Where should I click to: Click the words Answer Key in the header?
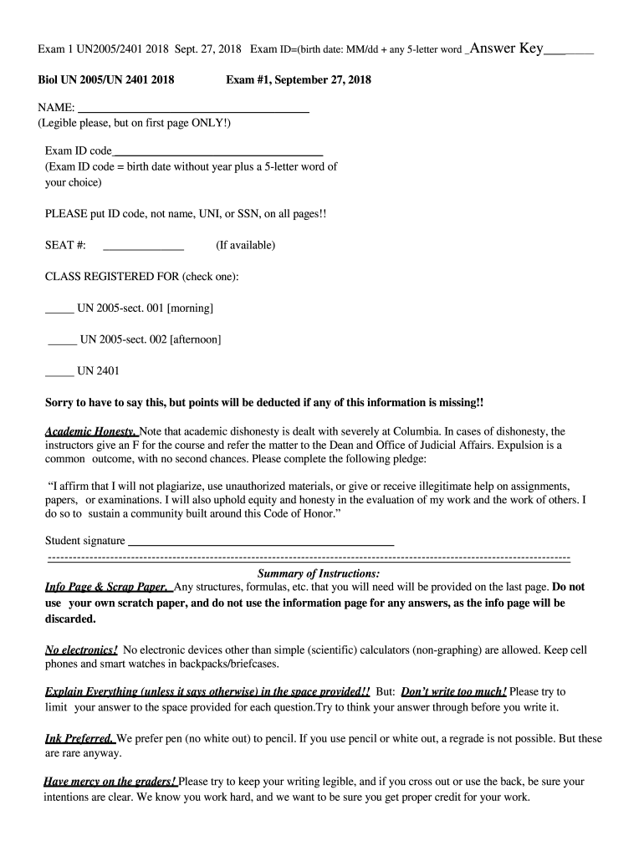[507, 48]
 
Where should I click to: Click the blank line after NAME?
[193, 110]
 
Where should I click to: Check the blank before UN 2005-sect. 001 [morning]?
[59, 311]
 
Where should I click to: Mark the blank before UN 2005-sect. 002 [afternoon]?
[63, 342]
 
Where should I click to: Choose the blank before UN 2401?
[59, 373]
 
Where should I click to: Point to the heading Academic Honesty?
[91, 431]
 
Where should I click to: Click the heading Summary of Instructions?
[319, 573]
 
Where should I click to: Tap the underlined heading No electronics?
[81, 650]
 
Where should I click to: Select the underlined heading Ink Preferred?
[79, 738]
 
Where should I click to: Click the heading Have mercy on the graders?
[110, 782]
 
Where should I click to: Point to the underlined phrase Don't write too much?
[454, 692]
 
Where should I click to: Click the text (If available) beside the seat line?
[245, 245]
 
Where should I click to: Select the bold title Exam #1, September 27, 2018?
[299, 80]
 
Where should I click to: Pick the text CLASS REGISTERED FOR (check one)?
[142, 277]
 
